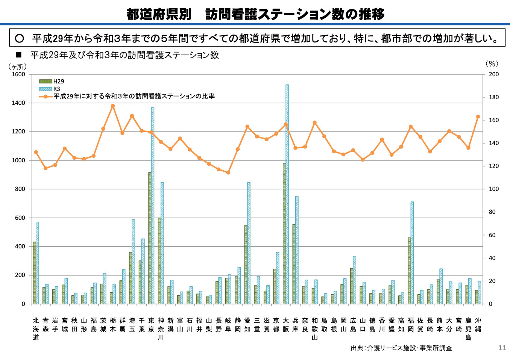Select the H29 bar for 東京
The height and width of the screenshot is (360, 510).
(x=150, y=238)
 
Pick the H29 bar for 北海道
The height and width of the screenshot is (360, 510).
(x=35, y=273)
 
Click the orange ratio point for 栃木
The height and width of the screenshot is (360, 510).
(x=113, y=106)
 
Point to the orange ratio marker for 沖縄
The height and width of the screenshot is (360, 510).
(x=478, y=117)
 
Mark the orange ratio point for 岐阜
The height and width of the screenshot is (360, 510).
(x=228, y=172)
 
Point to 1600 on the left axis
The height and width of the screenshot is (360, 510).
(x=18, y=74)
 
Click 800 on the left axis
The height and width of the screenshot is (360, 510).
(x=20, y=189)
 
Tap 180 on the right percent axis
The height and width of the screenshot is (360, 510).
(x=494, y=97)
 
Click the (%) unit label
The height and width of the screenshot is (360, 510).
(x=491, y=64)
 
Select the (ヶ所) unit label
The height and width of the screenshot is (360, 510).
(x=17, y=67)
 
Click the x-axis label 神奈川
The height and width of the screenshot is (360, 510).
(x=161, y=329)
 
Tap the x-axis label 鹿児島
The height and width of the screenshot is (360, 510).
(x=468, y=329)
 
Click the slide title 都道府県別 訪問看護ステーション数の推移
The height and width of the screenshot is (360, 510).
(x=255, y=14)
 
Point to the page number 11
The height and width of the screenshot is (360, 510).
(x=502, y=348)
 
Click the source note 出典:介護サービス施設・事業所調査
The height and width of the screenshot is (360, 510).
(x=401, y=348)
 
